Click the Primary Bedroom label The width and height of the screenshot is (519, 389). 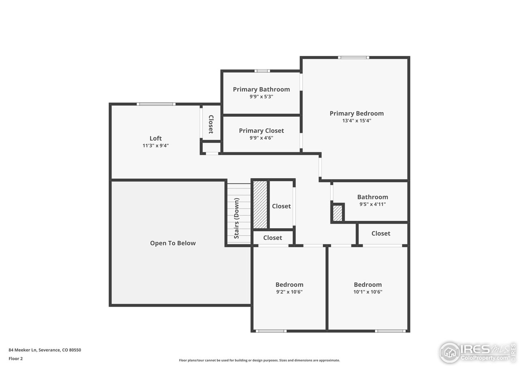(356, 113)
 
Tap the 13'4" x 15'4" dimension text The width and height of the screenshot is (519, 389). (356, 121)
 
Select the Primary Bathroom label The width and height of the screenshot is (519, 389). (261, 89)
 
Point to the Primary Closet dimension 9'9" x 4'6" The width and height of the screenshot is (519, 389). (261, 138)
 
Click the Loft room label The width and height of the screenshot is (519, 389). (156, 138)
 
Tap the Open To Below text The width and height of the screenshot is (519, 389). (173, 243)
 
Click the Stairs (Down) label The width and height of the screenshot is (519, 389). (236, 218)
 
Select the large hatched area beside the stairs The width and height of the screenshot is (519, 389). (260, 204)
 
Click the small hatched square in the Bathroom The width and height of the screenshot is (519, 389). (337, 213)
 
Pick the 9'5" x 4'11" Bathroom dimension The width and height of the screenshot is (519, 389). (372, 204)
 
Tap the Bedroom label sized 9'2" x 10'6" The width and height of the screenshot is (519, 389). (289, 284)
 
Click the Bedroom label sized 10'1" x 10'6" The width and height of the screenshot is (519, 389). (367, 284)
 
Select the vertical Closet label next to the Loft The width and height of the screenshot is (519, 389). (211, 124)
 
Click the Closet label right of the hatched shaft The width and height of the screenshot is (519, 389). (281, 206)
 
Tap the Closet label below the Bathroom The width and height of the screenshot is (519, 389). (381, 233)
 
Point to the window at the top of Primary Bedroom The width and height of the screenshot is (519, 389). (354, 58)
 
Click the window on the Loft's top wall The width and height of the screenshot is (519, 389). (156, 104)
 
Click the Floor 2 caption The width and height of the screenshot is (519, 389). (16, 359)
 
